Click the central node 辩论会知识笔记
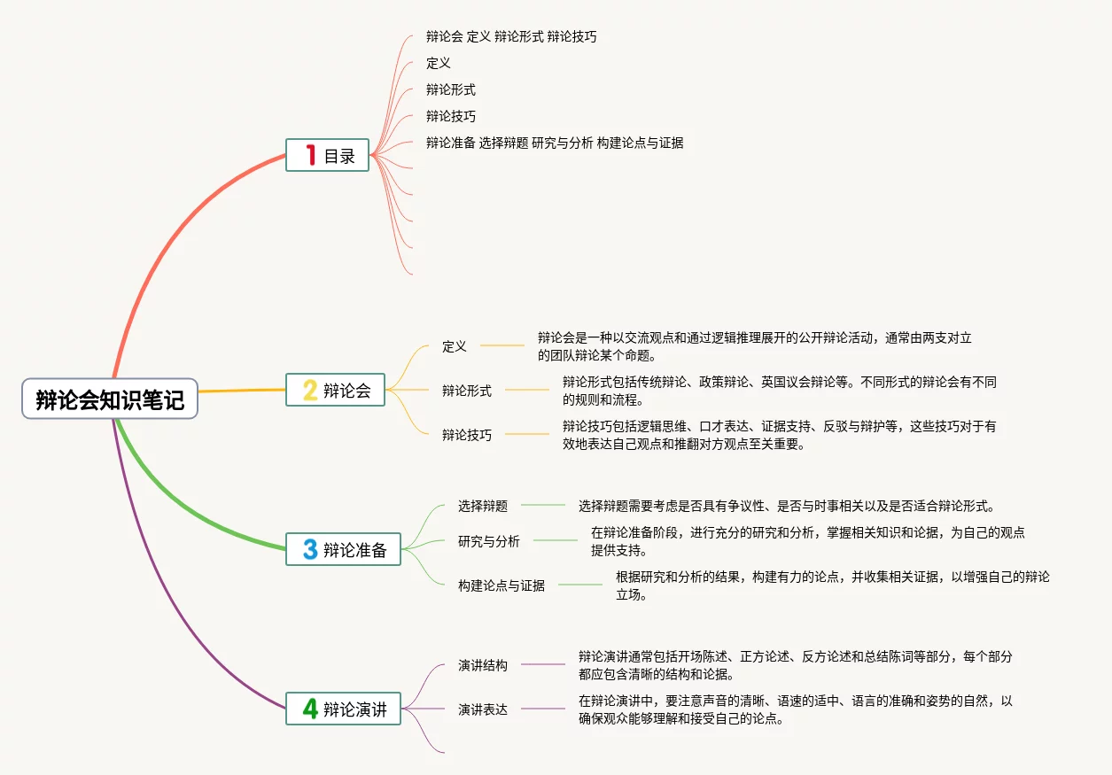pos(110,400)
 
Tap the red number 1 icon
pos(310,156)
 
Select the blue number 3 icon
pos(310,549)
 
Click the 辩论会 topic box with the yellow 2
pos(335,390)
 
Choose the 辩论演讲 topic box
pos(344,709)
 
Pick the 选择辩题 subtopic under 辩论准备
pos(483,506)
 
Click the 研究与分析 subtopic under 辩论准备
pos(489,541)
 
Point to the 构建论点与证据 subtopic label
pos(502,585)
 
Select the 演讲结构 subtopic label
pos(483,665)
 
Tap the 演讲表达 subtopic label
pos(483,709)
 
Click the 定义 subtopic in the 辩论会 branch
pos(455,346)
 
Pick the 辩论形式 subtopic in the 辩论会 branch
pos(467,391)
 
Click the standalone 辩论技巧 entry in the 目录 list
pos(451,116)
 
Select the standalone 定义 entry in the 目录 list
pos(439,63)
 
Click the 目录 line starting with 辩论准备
pos(555,143)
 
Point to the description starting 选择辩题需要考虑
pos(787,506)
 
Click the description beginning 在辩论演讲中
pos(795,709)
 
